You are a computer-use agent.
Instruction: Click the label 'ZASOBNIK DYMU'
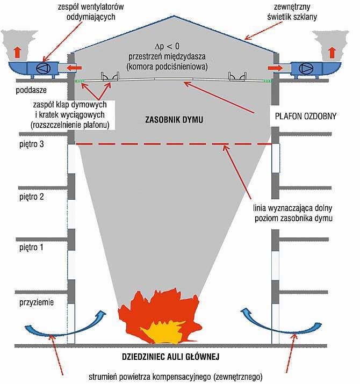tap(174, 120)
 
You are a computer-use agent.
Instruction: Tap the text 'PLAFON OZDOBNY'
tap(306, 116)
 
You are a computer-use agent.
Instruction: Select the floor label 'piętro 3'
tap(32, 144)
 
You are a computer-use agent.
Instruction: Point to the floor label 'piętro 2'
tap(32, 197)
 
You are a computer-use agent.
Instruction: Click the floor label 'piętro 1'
tap(31, 248)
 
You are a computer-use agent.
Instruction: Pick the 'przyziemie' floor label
tap(37, 302)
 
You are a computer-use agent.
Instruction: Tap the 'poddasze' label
tap(31, 90)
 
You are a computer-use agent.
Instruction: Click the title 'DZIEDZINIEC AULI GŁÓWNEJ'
tap(170, 357)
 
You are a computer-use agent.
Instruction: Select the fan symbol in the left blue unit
tap(43, 68)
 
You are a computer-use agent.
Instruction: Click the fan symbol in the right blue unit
tap(307, 68)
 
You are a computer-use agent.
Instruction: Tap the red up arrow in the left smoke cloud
tap(17, 53)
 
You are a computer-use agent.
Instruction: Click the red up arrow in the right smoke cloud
tap(332, 53)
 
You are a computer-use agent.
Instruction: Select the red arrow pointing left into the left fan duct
tap(75, 68)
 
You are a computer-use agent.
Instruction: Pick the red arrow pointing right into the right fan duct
tap(276, 68)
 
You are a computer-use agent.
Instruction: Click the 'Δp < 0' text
tap(167, 46)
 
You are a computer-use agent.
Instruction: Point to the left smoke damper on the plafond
tap(110, 76)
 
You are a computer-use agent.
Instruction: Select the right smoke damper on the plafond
tap(237, 76)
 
